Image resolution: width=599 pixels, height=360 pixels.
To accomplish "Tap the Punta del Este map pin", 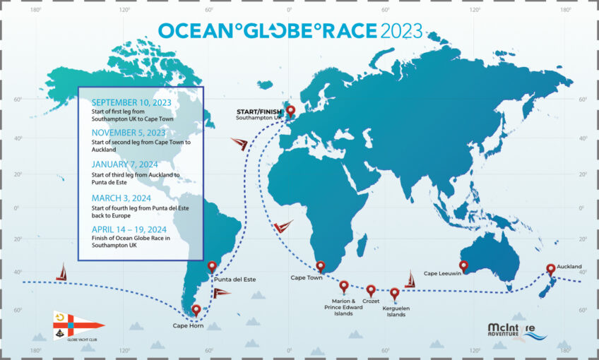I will (x=212, y=268).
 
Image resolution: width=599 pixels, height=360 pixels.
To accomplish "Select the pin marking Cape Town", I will (x=321, y=267).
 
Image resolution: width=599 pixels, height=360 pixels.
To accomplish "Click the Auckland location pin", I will (x=550, y=270).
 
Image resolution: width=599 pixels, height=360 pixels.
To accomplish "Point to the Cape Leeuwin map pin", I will (x=463, y=266).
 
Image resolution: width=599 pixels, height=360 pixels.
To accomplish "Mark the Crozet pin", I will (x=371, y=290).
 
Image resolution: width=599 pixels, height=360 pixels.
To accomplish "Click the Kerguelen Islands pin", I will (x=395, y=293).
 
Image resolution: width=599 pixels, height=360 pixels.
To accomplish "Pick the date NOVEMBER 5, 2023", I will (x=129, y=132).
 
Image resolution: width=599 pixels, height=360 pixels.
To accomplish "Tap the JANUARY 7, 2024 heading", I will (x=124, y=164).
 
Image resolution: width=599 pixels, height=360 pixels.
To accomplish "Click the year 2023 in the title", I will (x=401, y=31).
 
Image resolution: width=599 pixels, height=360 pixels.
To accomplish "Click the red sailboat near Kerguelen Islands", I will (x=410, y=279).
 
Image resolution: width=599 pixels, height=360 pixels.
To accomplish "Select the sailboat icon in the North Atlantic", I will (x=239, y=144).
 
